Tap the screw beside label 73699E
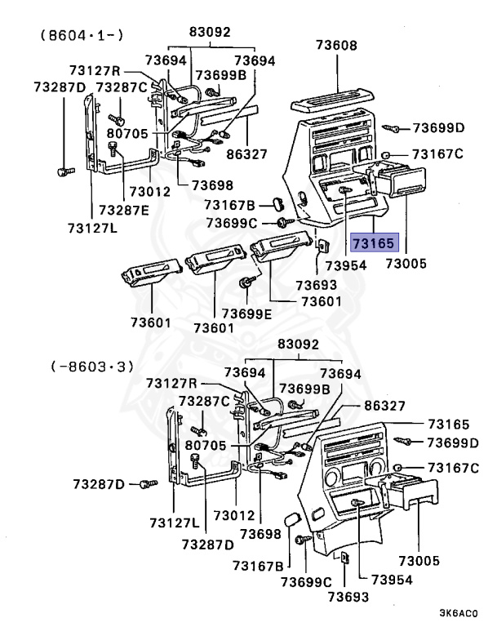[x=244, y=283]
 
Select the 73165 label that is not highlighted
[x=448, y=425]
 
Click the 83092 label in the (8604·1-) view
[x=210, y=33]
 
